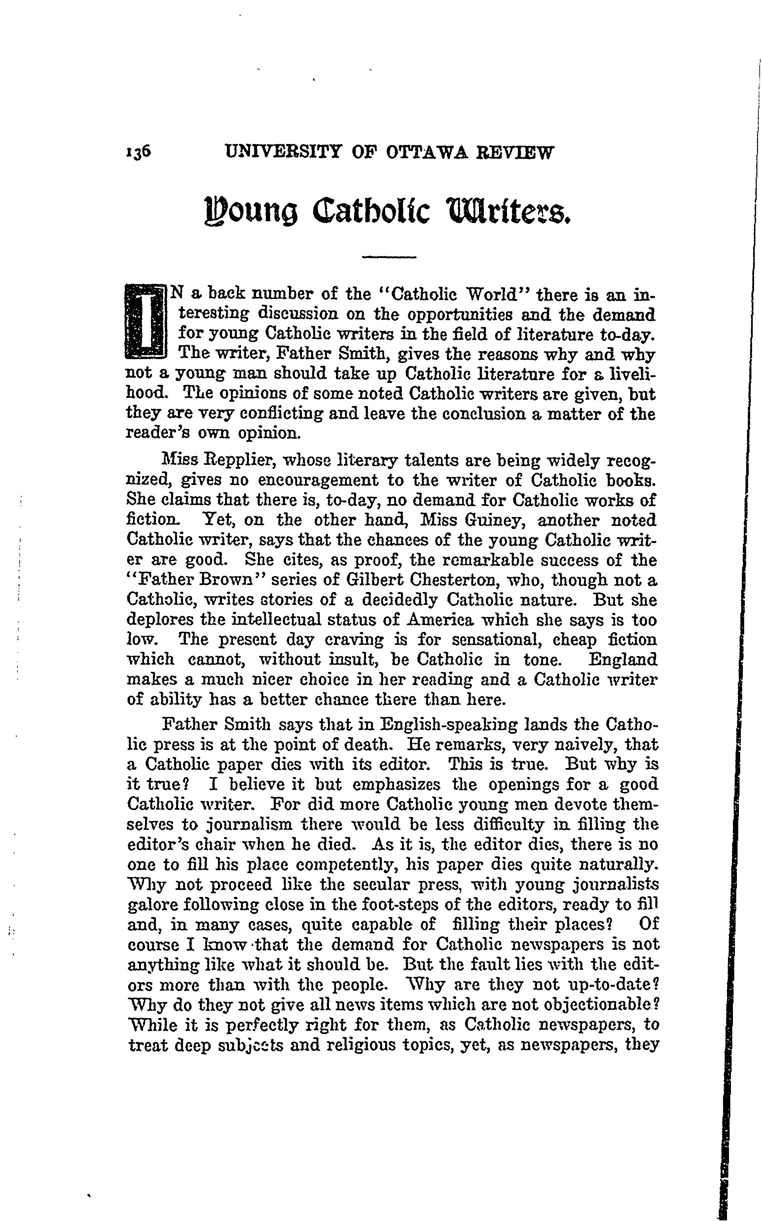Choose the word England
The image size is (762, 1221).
point(623,660)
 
